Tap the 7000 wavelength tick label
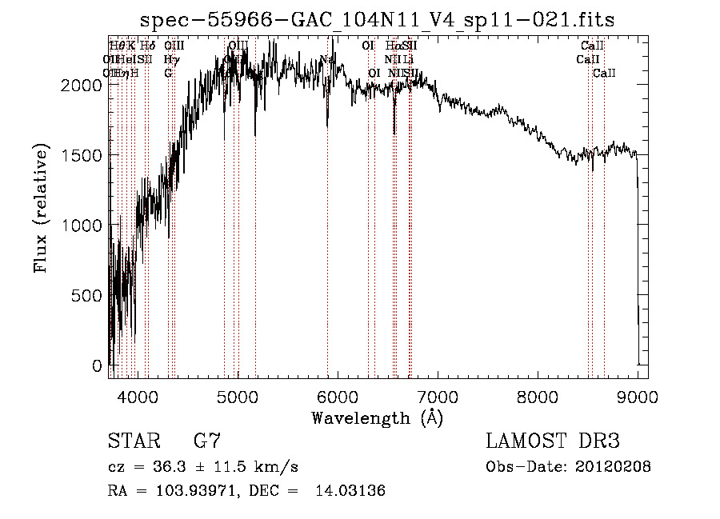point(437,397)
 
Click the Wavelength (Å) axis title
point(377,417)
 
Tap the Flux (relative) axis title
point(42,207)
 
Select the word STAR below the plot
point(133,441)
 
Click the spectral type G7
point(207,441)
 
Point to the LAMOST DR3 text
point(553,441)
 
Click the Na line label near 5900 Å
point(326,59)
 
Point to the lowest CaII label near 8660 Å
point(604,73)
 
